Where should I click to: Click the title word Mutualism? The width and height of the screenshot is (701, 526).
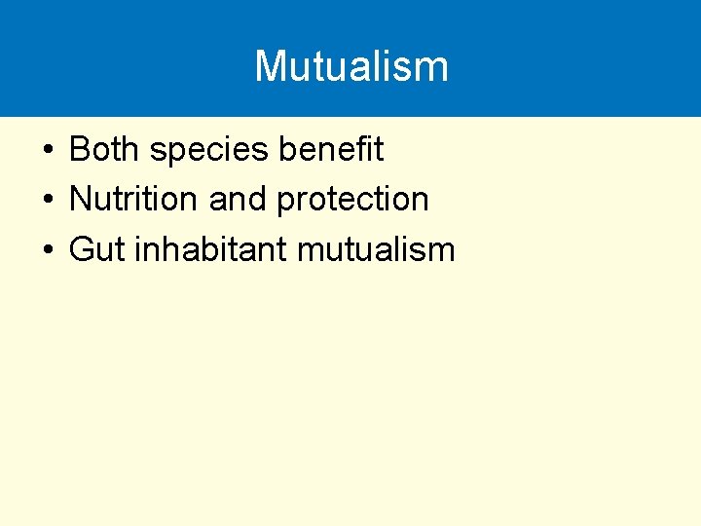pyautogui.click(x=351, y=66)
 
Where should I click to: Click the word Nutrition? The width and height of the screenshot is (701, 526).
pyautogui.click(x=134, y=199)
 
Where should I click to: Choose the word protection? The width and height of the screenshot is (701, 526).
pyautogui.click(x=352, y=200)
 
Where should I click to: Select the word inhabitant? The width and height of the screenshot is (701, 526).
pyautogui.click(x=211, y=249)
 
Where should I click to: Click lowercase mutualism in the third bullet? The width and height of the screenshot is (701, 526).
pyautogui.click(x=376, y=249)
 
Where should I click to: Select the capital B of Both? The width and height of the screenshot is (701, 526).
pyautogui.click(x=80, y=149)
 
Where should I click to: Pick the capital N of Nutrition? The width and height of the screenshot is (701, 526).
pyautogui.click(x=81, y=199)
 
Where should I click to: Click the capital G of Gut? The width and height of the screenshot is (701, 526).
pyautogui.click(x=82, y=249)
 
